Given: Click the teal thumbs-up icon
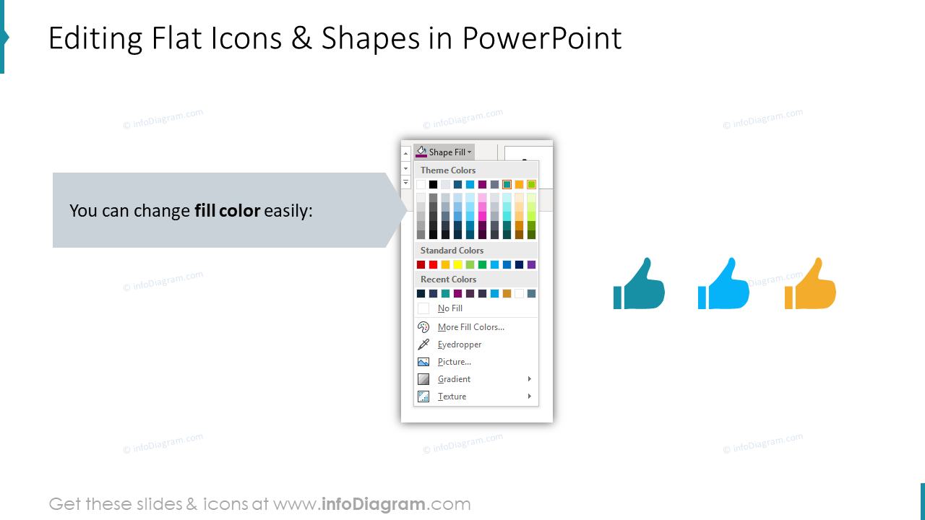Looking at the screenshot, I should coord(640,286).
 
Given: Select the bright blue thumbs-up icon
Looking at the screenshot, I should coord(723,286).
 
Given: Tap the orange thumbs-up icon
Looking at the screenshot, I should coord(811,286).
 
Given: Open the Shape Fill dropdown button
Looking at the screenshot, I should coord(444,152).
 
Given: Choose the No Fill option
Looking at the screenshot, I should coord(449,308).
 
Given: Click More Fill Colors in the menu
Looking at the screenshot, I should coord(470,327).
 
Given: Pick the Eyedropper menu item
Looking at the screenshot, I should coord(459,344).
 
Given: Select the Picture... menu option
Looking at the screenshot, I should coord(454,362).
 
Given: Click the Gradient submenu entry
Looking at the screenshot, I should coord(454,379).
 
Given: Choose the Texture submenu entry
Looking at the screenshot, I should coord(452,396).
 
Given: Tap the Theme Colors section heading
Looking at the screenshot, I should coord(448,170).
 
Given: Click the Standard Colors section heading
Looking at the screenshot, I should coord(452,251).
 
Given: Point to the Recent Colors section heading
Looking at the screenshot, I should coord(448,279).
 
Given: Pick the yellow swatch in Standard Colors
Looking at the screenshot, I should coord(457,265).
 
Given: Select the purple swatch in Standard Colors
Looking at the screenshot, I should coord(531,265).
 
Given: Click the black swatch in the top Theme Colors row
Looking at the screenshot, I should coord(433,185).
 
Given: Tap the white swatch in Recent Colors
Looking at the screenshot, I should coord(519,294).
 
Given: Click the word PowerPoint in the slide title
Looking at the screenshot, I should coord(542,38).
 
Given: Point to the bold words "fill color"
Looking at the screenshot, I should coord(227,211).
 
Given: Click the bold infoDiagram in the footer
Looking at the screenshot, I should coord(373,504).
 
